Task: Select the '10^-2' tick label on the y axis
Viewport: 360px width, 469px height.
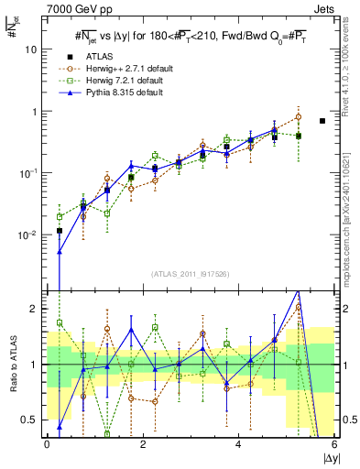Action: click(27, 235)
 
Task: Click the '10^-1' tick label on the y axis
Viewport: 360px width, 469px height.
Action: click(27, 173)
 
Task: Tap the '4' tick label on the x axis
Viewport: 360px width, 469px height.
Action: click(238, 444)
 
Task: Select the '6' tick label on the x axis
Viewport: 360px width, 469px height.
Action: click(334, 444)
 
